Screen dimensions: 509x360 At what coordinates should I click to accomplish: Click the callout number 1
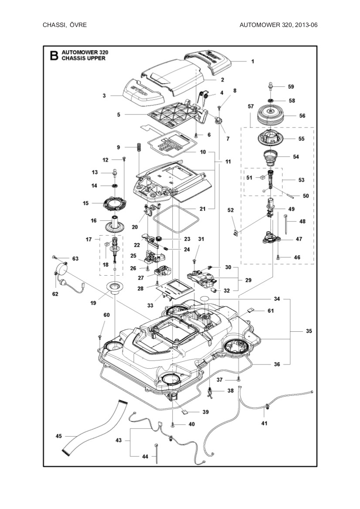coord(252,61)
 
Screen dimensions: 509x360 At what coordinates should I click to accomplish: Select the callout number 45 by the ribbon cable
coord(59,436)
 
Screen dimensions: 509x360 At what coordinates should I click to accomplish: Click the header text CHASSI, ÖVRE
coord(65,25)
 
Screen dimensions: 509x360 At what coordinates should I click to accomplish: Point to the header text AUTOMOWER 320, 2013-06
coord(278,25)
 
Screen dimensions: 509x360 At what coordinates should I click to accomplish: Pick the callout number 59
coord(291,87)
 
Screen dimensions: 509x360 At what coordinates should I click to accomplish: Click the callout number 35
coord(309,331)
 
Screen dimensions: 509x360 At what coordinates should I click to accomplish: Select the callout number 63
coord(75,259)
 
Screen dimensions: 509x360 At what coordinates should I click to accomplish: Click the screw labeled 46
coord(278,257)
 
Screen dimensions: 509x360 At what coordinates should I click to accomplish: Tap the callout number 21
coord(202,209)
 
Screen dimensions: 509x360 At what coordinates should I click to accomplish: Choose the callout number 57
coord(251,106)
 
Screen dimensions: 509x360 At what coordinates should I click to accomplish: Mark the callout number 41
coord(264,423)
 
